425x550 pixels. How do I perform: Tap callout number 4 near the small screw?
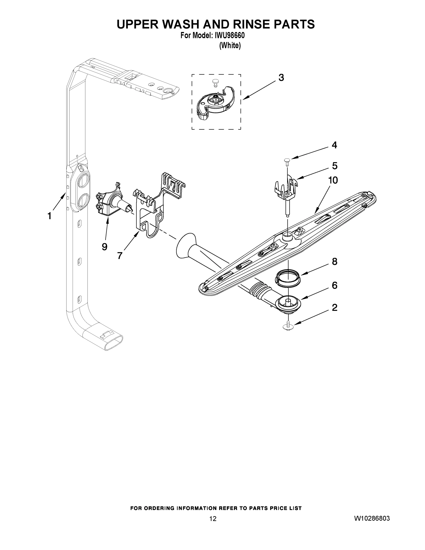point(334,145)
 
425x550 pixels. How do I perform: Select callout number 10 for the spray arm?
point(333,180)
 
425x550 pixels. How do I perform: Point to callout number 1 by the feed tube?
point(49,216)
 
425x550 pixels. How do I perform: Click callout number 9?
point(104,247)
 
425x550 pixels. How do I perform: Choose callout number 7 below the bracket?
point(120,256)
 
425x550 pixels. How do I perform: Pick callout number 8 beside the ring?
point(334,262)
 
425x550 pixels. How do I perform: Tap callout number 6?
point(334,285)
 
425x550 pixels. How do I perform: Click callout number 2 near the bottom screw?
point(334,308)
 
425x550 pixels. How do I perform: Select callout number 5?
point(335,166)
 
